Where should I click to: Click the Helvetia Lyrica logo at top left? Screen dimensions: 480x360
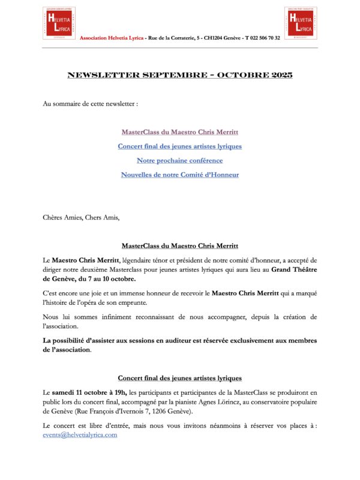(59, 23)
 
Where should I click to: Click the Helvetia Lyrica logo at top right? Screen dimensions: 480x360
(301, 23)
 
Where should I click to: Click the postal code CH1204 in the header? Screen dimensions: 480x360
(217, 38)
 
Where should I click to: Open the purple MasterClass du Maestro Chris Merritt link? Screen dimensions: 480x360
(180, 131)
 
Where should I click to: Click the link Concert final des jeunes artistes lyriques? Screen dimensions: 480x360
(180, 146)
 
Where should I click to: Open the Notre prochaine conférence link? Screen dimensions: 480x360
(180, 160)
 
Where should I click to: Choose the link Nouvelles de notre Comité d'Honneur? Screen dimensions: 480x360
(180, 175)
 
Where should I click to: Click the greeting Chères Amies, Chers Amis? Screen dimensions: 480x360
(81, 217)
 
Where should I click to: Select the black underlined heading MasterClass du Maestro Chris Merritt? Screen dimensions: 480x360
(180, 246)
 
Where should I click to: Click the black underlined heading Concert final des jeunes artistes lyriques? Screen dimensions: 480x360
(180, 378)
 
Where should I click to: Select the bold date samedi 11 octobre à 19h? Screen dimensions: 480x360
(90, 392)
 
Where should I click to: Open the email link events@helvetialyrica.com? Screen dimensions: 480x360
(80, 434)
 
